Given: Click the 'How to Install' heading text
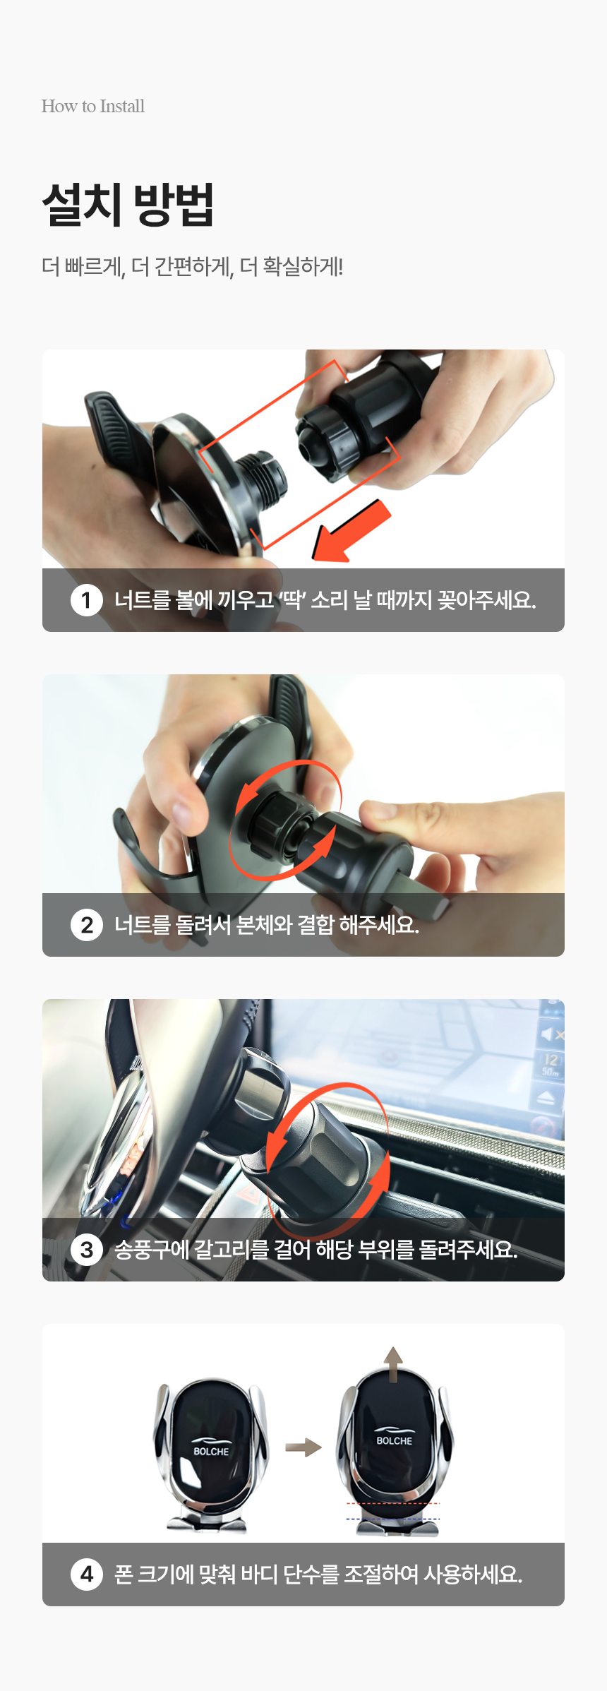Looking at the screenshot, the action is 93,106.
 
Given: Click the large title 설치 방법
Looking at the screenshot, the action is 128,204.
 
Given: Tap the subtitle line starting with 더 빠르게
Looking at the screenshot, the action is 192,267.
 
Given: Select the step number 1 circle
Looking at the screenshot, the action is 87,600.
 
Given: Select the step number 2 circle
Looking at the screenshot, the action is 87,925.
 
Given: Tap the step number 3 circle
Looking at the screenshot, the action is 87,1250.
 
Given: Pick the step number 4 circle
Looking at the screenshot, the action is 87,1575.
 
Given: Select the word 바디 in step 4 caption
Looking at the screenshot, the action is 259,1575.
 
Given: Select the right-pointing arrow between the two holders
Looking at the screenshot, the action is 303,1447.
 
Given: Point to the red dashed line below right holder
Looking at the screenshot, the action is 392,1504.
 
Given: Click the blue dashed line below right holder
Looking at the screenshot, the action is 392,1519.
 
